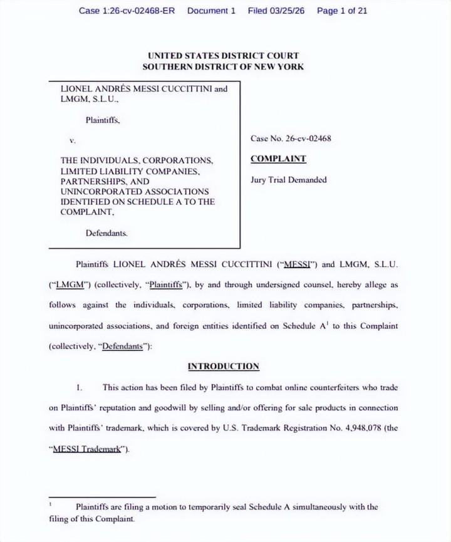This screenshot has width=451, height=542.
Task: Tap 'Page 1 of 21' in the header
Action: (342, 11)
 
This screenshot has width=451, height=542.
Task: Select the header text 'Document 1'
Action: (211, 11)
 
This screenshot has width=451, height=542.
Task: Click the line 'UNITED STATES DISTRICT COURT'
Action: (223, 56)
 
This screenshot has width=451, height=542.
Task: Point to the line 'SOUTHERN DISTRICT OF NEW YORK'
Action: (223, 66)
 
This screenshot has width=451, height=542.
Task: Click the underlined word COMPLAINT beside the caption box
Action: (278, 159)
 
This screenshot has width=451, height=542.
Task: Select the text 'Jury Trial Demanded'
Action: (289, 180)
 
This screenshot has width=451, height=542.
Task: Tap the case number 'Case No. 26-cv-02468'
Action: (291, 138)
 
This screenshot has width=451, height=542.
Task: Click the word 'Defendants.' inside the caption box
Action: (106, 233)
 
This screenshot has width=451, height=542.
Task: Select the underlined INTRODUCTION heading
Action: (223, 367)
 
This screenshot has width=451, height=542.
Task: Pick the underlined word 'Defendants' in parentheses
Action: (122, 347)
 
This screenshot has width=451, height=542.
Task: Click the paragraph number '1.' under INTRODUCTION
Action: (79, 388)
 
